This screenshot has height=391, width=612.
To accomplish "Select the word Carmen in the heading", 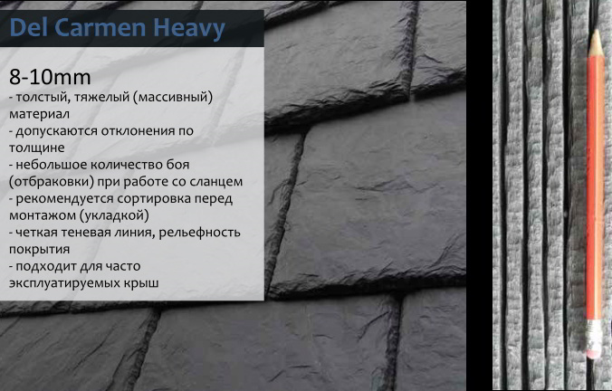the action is tap(100, 28).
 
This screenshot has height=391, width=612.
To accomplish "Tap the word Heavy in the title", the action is tap(189, 28).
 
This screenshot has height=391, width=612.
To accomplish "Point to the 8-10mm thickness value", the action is tap(50, 77).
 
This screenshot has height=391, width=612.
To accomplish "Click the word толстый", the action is tap(43, 96).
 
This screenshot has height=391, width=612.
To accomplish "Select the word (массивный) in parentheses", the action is tap(173, 97).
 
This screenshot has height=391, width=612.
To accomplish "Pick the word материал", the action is tap(40, 114).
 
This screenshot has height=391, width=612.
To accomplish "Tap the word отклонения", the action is tap(139, 130).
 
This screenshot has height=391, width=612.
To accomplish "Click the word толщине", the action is tap(37, 148).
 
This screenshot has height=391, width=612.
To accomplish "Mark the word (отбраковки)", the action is tap(52, 182).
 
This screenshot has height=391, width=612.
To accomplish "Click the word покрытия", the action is tap(40, 249).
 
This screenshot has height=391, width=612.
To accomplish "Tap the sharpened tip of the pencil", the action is tap(595, 31).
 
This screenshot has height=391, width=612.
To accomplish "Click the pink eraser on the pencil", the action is tap(594, 350).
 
